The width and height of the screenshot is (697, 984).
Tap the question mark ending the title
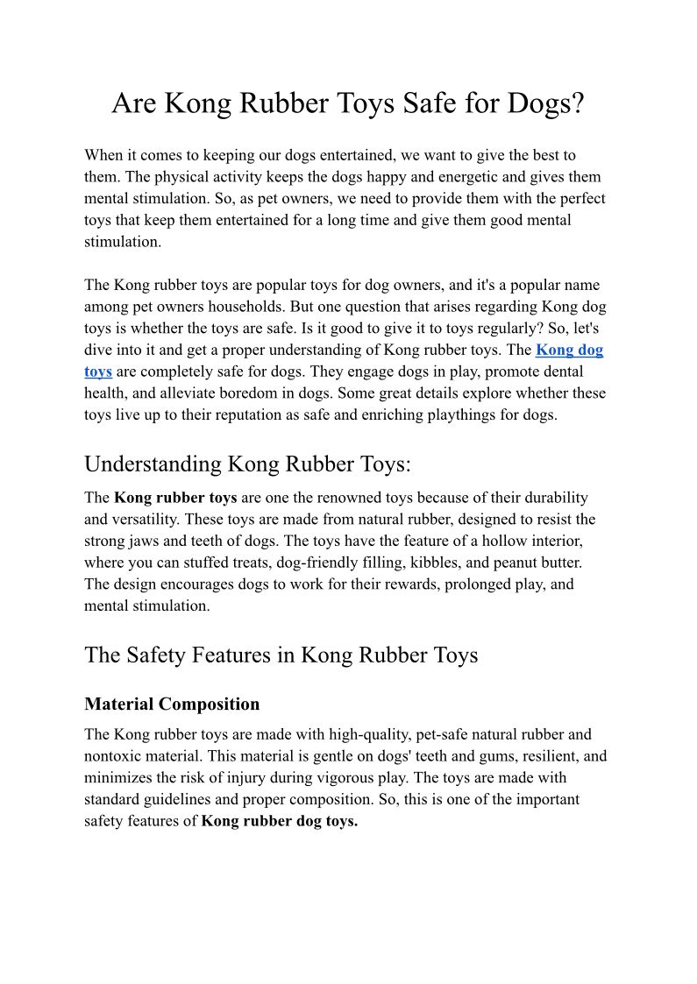pos(577,104)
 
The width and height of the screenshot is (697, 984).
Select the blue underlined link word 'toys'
pos(98,372)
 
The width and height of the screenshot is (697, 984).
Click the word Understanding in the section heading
pos(153,464)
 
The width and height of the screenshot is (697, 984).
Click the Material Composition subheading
pos(172,704)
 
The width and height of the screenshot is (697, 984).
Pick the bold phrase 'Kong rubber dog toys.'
pos(280,822)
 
